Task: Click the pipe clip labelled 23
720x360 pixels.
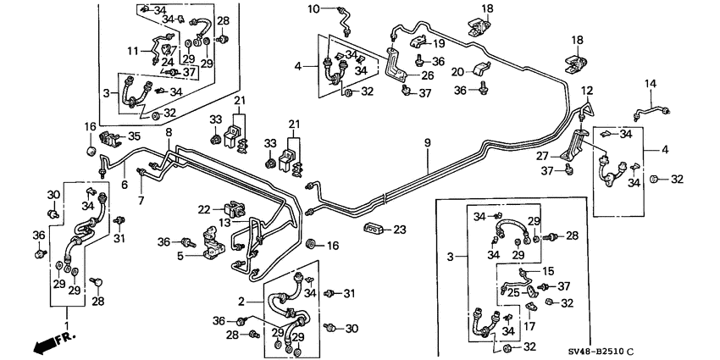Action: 372,228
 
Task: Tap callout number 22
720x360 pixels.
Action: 204,208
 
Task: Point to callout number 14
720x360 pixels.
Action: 651,83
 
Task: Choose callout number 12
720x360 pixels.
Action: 588,91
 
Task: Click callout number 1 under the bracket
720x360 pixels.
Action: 69,325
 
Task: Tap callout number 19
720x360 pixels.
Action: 440,43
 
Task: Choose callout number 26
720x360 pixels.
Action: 428,75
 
